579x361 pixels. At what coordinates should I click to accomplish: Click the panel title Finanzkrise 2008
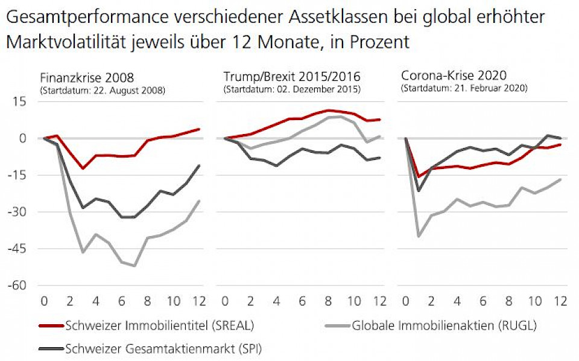[87, 77]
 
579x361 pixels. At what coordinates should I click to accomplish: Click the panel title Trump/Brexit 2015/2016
[292, 77]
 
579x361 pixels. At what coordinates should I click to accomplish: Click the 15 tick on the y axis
[21, 101]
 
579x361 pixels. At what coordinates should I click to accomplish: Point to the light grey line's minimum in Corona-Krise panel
[419, 236]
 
